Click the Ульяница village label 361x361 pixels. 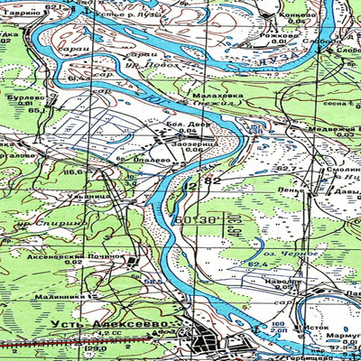point(91,195)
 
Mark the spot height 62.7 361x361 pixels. point(286,169)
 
